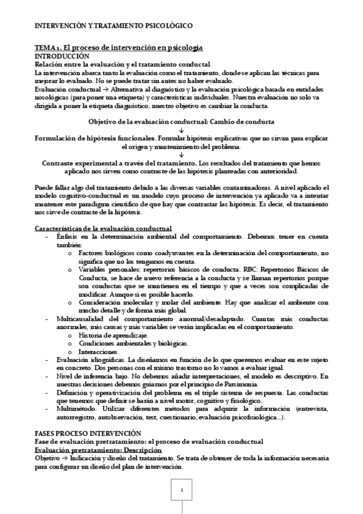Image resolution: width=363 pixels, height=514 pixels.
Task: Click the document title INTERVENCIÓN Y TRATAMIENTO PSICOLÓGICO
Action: (113, 26)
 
